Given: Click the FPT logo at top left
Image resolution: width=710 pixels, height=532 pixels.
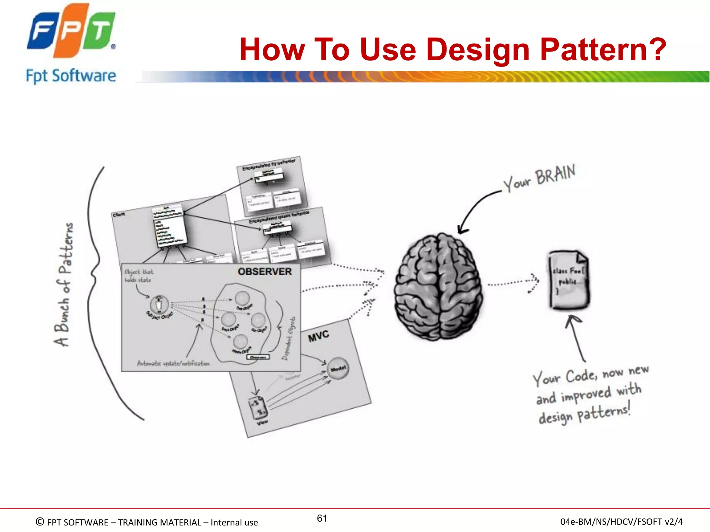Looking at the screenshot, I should click(x=71, y=30).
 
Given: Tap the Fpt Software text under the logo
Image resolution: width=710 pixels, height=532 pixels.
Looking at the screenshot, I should click(x=71, y=76).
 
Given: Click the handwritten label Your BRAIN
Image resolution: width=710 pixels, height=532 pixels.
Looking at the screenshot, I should click(x=539, y=178).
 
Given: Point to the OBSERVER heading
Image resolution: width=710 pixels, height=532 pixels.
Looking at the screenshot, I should click(x=265, y=272).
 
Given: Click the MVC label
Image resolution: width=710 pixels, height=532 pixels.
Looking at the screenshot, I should click(x=318, y=336).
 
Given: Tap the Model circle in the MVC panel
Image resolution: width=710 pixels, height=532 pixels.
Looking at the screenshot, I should click(x=338, y=369).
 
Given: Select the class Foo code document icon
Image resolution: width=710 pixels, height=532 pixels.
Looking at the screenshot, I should click(x=569, y=280).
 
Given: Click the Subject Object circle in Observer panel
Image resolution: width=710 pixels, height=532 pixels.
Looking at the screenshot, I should click(x=159, y=304).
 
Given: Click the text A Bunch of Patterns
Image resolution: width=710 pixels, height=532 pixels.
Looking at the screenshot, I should click(x=64, y=284).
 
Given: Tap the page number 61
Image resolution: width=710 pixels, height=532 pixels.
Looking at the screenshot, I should click(x=322, y=518).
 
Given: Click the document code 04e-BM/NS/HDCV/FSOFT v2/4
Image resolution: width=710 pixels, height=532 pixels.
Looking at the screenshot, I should click(x=621, y=522).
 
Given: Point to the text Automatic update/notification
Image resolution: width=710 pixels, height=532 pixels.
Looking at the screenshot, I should click(x=173, y=363).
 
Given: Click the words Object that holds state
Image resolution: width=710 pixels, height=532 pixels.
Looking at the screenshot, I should click(x=138, y=276).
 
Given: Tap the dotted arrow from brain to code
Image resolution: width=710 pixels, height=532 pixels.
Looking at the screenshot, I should click(x=513, y=283).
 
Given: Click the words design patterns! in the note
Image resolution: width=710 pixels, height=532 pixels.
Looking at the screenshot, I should click(x=584, y=415).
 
